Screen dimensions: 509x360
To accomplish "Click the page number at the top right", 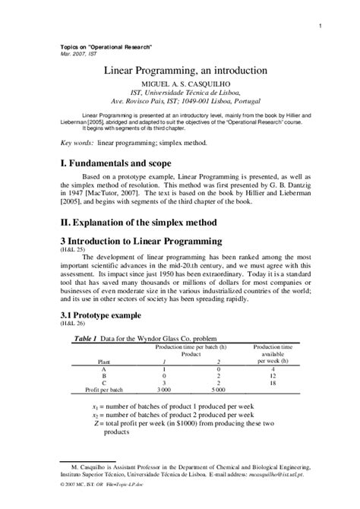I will (x=322, y=28).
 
